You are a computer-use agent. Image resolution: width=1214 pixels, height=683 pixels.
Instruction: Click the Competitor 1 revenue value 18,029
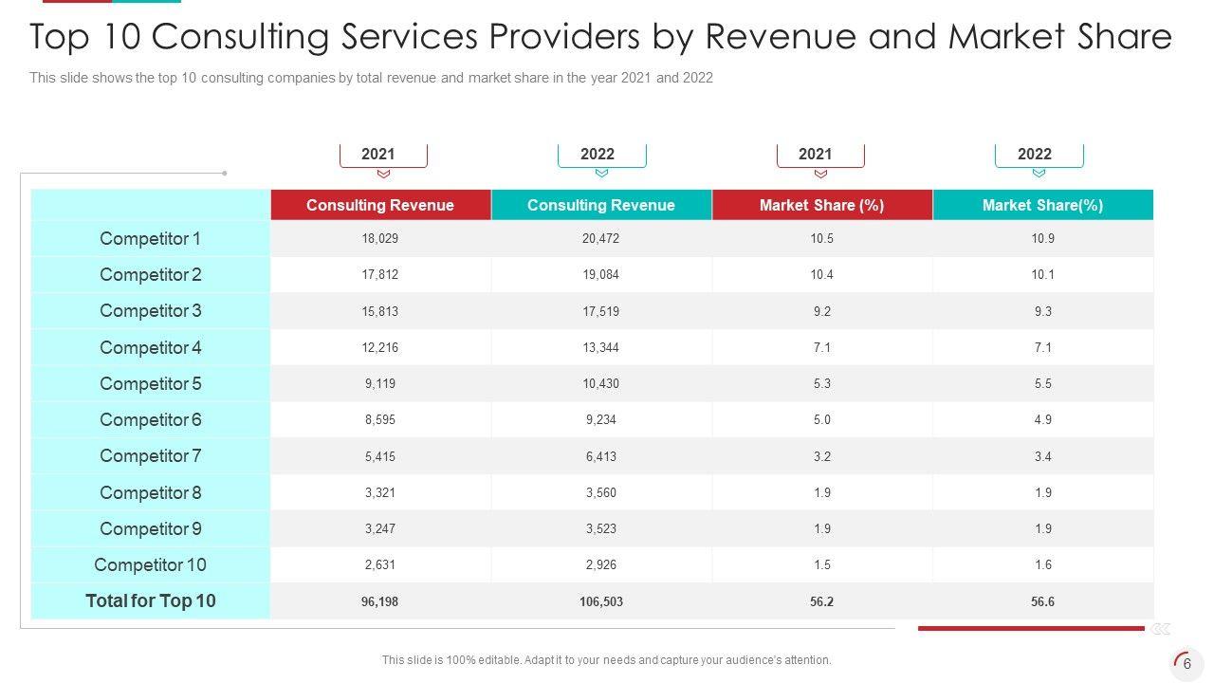point(380,239)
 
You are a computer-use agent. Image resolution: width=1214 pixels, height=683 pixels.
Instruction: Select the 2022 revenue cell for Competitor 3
point(600,311)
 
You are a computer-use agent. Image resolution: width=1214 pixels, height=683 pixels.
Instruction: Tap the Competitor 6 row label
point(151,420)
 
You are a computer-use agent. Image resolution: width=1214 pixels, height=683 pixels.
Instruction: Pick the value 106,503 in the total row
point(600,601)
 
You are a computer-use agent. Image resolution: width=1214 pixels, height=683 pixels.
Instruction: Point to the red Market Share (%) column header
point(821,205)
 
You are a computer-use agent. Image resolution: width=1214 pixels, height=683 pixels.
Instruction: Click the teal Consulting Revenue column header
point(600,205)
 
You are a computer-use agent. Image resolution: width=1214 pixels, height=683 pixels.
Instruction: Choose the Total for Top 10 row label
point(151,600)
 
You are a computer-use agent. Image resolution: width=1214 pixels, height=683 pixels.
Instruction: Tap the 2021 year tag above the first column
point(378,154)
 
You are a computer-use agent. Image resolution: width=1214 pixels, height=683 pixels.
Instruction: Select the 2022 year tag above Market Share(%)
point(1035,154)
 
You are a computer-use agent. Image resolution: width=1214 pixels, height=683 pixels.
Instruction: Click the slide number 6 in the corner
point(1186,664)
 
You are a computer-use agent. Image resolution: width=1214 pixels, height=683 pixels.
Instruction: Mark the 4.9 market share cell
point(1042,420)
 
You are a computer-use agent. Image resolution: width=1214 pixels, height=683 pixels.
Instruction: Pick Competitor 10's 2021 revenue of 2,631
point(380,565)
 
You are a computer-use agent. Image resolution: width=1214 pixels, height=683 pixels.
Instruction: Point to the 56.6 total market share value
point(1042,601)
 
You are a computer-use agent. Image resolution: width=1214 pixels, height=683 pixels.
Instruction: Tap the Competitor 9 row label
point(151,529)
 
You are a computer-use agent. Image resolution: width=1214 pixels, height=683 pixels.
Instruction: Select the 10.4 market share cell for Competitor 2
point(821,275)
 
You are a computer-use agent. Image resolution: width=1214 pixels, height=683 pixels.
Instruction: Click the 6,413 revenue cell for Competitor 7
point(600,456)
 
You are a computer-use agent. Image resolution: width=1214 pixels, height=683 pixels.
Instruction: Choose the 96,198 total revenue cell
point(380,601)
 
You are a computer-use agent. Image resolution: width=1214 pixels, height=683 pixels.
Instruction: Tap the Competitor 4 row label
point(151,348)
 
